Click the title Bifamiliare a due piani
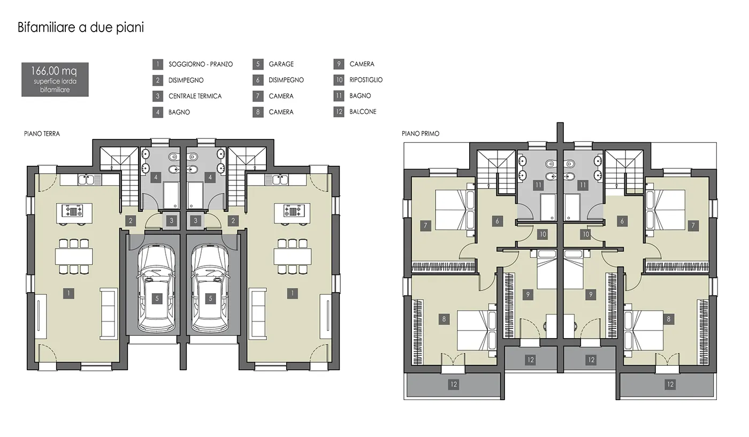pyautogui.click(x=81, y=27)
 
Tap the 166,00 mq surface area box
pyautogui.click(x=55, y=80)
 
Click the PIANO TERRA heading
pyautogui.click(x=42, y=134)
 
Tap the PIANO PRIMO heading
pyautogui.click(x=421, y=134)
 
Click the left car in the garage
pyautogui.click(x=156, y=288)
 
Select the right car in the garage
pyautogui.click(x=210, y=288)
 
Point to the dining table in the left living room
pyautogui.click(x=74, y=256)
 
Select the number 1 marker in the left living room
pyautogui.click(x=68, y=294)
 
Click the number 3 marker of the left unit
pyautogui.click(x=172, y=220)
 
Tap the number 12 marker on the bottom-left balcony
pyautogui.click(x=454, y=385)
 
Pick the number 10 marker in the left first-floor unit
pyautogui.click(x=542, y=234)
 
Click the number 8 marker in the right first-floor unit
pyautogui.click(x=669, y=319)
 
